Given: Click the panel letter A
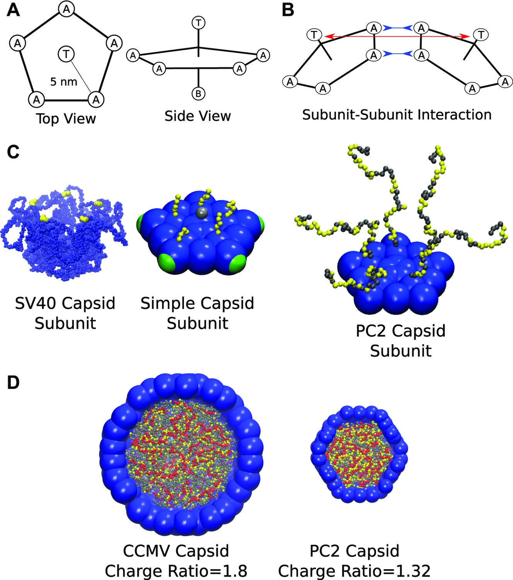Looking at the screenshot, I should coord(13,9).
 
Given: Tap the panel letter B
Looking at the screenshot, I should coord(288,10).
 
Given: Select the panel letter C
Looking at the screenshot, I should coord(13,152).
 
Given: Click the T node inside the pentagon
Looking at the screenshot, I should coord(66,54).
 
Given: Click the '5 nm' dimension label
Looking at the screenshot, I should coord(64,82).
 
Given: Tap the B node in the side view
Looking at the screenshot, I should coord(198,94).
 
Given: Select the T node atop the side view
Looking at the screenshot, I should coord(198,23).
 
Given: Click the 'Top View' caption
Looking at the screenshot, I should coord(66,118).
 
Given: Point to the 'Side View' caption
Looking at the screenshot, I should coord(198,116).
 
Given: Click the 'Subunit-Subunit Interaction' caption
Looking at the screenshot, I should coord(397,115).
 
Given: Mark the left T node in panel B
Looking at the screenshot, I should coord(314,35).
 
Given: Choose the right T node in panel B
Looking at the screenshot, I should coord(481,35).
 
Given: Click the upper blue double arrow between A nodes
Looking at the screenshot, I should coord(397,28).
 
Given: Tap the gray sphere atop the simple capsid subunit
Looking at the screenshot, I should coord(200,212).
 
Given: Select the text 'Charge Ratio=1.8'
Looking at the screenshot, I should coord(176,571).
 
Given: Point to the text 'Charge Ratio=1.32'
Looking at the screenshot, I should coord(354,571).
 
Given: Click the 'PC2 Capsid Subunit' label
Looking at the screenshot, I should coord(401,341).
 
